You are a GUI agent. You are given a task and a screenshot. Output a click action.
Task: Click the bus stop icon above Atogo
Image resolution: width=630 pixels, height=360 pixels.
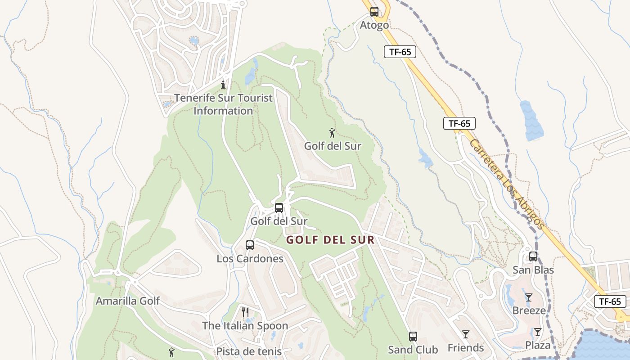(x=374, y=12)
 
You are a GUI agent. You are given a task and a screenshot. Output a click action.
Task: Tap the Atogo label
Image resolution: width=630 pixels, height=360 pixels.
(x=374, y=25)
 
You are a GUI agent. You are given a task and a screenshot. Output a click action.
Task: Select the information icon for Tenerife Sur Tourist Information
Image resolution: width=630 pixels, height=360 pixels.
(x=223, y=85)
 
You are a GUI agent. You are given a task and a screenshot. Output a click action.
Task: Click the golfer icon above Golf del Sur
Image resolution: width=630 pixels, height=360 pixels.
(x=332, y=133)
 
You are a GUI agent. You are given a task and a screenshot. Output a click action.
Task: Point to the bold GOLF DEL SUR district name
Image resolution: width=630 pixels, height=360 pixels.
(x=331, y=240)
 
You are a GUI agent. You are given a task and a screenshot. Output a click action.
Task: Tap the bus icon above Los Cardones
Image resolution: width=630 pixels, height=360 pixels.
(x=250, y=245)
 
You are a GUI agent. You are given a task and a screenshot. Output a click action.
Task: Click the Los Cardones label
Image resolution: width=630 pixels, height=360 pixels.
(x=250, y=259)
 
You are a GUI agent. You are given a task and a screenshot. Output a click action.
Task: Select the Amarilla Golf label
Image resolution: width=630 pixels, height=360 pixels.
(x=127, y=301)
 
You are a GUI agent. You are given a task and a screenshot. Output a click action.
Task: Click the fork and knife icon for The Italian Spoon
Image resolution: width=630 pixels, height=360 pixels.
(x=245, y=312)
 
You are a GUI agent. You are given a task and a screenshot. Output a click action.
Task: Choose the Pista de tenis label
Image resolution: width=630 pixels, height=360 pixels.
(x=249, y=351)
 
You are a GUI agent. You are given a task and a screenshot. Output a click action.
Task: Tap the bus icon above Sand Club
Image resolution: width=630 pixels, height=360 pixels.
(x=413, y=336)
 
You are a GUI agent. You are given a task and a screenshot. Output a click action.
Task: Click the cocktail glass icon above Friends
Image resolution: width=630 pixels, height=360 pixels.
(x=466, y=334)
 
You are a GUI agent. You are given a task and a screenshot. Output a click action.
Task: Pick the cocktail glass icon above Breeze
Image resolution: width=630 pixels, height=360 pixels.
(x=529, y=297)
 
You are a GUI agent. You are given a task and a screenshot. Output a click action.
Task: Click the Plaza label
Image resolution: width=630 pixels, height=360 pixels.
(x=538, y=345)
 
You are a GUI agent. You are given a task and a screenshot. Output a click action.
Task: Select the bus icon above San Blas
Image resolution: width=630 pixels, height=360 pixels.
(x=533, y=256)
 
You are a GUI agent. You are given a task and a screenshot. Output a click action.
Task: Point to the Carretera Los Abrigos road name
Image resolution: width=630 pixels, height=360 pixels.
(x=507, y=184)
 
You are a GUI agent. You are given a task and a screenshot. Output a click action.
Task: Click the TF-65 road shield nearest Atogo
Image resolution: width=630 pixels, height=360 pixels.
(x=400, y=52)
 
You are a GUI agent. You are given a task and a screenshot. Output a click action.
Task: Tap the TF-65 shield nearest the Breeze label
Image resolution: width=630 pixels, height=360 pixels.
(x=610, y=301)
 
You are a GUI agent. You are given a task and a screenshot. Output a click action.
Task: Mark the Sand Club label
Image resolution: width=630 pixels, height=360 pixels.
(x=413, y=350)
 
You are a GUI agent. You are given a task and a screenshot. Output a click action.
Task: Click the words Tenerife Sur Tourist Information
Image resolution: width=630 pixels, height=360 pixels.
(x=224, y=104)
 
